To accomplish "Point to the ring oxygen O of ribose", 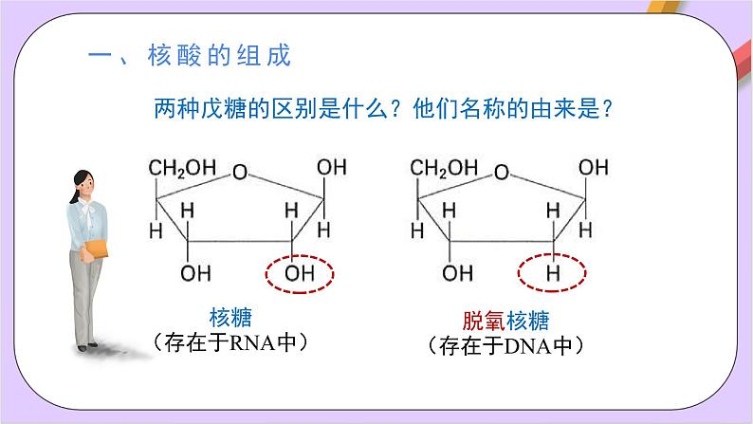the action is click(x=241, y=174).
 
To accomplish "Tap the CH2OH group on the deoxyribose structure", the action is click(x=443, y=168).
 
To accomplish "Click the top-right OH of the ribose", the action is click(x=331, y=168).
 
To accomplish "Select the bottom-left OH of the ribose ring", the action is click(x=196, y=274).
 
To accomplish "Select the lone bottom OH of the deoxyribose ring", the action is click(x=458, y=274).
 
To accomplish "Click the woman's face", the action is click(x=83, y=181).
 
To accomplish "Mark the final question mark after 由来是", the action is click(x=609, y=109).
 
